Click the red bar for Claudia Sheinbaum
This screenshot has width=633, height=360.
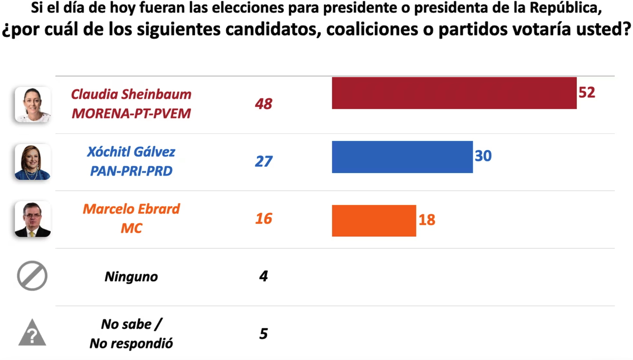click(x=454, y=93)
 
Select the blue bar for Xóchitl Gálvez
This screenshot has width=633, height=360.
click(x=402, y=157)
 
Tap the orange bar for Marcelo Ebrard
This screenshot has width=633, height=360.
click(x=374, y=220)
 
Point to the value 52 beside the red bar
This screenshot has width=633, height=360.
click(x=587, y=92)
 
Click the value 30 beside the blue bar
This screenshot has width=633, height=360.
click(x=483, y=156)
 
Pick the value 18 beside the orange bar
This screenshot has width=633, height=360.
click(x=426, y=219)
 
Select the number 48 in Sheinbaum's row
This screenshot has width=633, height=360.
click(x=264, y=104)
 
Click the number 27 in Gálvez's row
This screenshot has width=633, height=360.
click(x=264, y=161)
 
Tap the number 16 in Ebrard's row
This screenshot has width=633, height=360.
click(x=264, y=219)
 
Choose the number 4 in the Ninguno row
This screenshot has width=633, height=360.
click(x=264, y=276)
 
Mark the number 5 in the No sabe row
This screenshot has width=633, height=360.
click(x=264, y=334)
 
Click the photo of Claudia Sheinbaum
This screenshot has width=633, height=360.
click(x=33, y=105)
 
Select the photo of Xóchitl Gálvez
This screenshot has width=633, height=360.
click(x=33, y=162)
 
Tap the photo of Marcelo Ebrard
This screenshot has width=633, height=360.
click(x=33, y=219)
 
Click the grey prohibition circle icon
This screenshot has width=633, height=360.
click(x=32, y=276)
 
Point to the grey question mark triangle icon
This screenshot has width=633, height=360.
click(x=32, y=333)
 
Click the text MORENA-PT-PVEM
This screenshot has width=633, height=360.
click(x=131, y=113)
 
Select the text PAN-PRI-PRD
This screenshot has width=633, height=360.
click(x=131, y=171)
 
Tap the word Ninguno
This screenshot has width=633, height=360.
click(x=131, y=277)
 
